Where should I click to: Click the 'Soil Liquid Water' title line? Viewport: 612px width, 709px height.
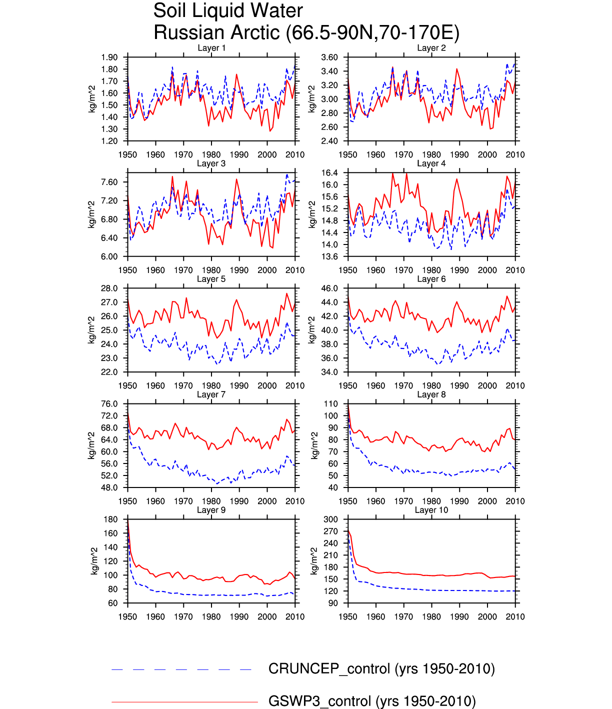click(x=228, y=11)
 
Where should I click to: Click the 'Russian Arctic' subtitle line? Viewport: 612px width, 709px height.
click(x=306, y=32)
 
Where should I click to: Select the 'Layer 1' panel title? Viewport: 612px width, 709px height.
click(x=211, y=48)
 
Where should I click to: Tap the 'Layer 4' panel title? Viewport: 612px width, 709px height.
click(x=431, y=163)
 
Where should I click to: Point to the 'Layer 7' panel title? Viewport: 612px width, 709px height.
click(x=211, y=394)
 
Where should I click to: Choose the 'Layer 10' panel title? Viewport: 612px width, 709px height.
click(x=431, y=510)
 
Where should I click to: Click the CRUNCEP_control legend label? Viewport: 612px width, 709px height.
click(x=381, y=669)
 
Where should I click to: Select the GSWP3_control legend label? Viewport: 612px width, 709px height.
click(x=372, y=701)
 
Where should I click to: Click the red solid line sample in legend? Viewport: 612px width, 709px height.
click(x=184, y=702)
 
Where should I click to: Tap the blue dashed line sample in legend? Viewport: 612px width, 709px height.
click(x=181, y=669)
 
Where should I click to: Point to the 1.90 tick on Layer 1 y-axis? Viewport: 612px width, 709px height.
click(x=109, y=57)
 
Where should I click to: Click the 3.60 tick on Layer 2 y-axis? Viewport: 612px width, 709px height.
click(x=329, y=57)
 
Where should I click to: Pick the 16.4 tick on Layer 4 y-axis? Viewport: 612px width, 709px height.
click(x=329, y=173)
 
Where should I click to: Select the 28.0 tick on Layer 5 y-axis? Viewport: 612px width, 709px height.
click(x=109, y=288)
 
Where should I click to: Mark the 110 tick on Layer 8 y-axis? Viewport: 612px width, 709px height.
click(x=331, y=404)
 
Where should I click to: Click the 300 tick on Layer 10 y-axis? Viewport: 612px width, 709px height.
click(x=331, y=519)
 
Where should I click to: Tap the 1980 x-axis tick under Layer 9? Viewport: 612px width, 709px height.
click(x=211, y=617)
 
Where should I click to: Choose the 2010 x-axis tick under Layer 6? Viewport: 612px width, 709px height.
click(x=515, y=386)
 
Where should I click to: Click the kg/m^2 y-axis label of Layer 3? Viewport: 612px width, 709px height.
click(x=91, y=214)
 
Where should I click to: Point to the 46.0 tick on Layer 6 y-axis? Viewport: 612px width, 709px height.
click(x=329, y=288)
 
